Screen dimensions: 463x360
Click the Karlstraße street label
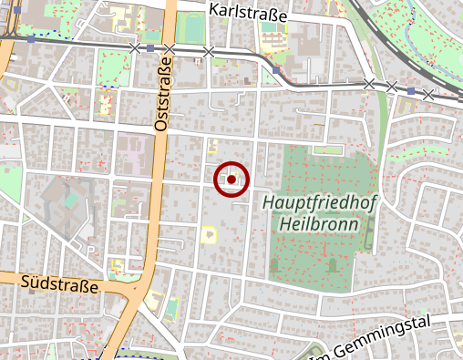click(x=247, y=13)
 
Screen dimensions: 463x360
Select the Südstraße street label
click(x=58, y=284)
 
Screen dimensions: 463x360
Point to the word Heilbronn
click(x=316, y=221)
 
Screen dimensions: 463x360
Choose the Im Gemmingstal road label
click(x=376, y=340)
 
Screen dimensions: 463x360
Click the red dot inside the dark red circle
click(x=231, y=180)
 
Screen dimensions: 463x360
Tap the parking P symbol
click(x=90, y=248)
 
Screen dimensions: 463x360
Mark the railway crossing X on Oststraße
click(x=170, y=48)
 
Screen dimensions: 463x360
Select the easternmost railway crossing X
click(x=427, y=93)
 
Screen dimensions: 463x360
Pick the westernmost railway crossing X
click(x=136, y=46)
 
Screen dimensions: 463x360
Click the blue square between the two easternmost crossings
click(x=411, y=91)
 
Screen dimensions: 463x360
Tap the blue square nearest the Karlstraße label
click(x=275, y=69)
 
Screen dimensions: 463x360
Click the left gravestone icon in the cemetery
click(x=273, y=265)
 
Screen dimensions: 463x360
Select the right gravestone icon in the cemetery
click(x=332, y=265)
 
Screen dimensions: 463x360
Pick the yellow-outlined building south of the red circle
click(x=209, y=235)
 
